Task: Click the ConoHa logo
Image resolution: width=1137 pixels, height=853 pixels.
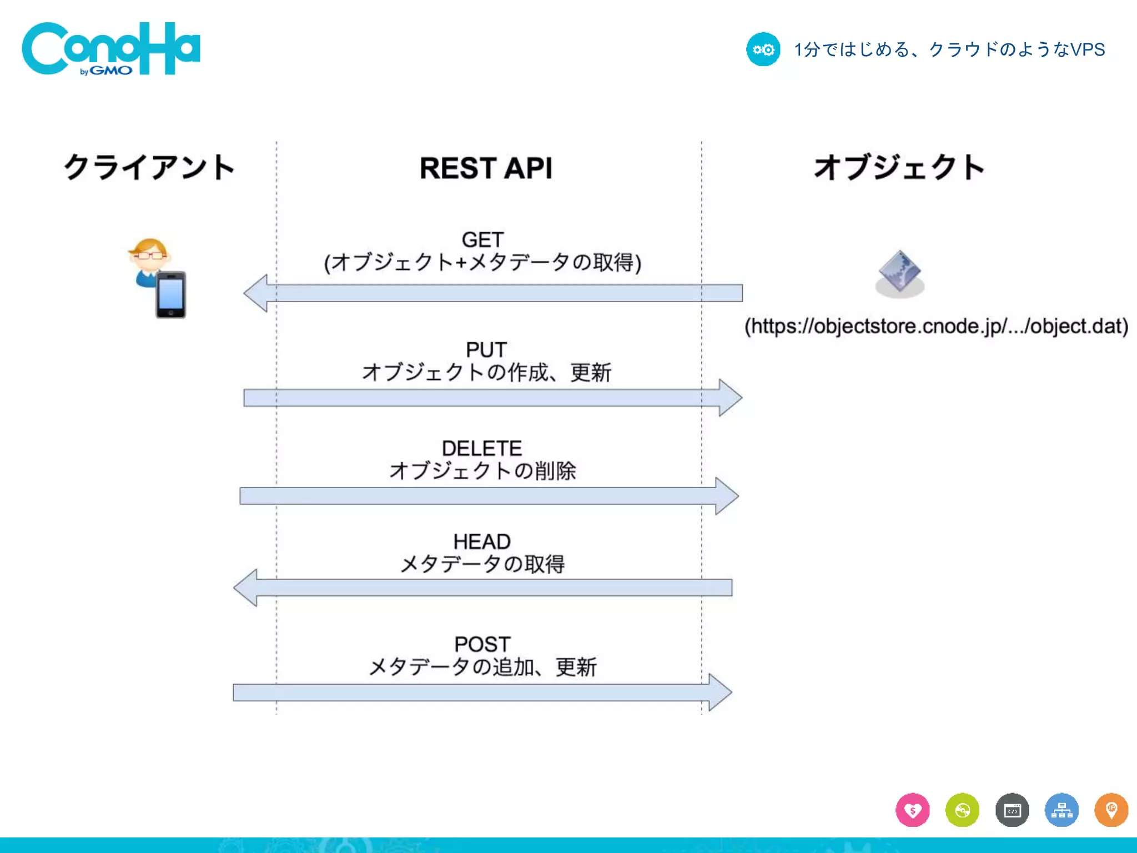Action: click(110, 49)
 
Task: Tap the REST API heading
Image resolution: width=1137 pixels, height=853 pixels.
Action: click(486, 168)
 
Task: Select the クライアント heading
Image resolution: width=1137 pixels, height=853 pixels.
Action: click(149, 167)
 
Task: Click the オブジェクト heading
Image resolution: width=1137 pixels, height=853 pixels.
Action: click(899, 167)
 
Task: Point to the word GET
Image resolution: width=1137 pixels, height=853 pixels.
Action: click(482, 240)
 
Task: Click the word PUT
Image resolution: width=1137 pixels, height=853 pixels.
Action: click(486, 350)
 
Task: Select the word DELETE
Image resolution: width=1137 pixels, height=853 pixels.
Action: click(482, 448)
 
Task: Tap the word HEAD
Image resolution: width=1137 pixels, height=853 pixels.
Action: click(482, 541)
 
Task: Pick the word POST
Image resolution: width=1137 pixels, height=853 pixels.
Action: click(482, 644)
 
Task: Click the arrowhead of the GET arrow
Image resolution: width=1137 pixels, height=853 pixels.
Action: click(257, 293)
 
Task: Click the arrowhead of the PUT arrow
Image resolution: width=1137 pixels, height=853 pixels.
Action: click(729, 398)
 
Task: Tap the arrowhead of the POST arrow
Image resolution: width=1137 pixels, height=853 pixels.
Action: click(719, 693)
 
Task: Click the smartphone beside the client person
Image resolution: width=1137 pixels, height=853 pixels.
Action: click(171, 294)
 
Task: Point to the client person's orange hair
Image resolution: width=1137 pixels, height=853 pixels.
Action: click(150, 245)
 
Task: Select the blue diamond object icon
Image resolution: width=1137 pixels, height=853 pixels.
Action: click(900, 271)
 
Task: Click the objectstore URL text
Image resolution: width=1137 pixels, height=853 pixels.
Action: click(936, 326)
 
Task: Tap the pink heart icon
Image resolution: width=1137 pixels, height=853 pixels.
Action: click(913, 810)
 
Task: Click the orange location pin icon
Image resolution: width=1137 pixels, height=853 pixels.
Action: click(1111, 810)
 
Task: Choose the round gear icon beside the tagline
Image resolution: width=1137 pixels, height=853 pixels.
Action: click(763, 49)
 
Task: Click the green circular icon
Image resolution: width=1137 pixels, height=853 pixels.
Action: click(962, 810)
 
